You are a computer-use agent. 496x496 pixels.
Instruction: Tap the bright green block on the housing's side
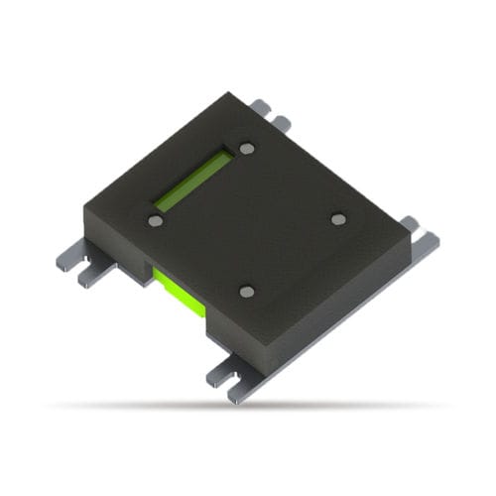click(180, 292)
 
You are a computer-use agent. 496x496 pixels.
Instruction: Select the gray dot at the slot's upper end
click(247, 149)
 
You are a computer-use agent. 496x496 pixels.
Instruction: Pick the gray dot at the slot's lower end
click(155, 221)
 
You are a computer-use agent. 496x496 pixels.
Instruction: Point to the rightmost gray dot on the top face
click(338, 219)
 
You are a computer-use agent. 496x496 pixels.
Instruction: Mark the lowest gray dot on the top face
click(247, 292)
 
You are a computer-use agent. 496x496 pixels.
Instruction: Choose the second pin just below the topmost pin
click(281, 123)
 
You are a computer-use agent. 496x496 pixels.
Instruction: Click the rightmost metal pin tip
click(428, 239)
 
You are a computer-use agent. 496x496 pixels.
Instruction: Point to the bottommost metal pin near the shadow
click(238, 394)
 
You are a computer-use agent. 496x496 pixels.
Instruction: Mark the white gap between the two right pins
click(421, 229)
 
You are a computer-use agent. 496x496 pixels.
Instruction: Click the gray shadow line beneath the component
click(248, 405)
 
